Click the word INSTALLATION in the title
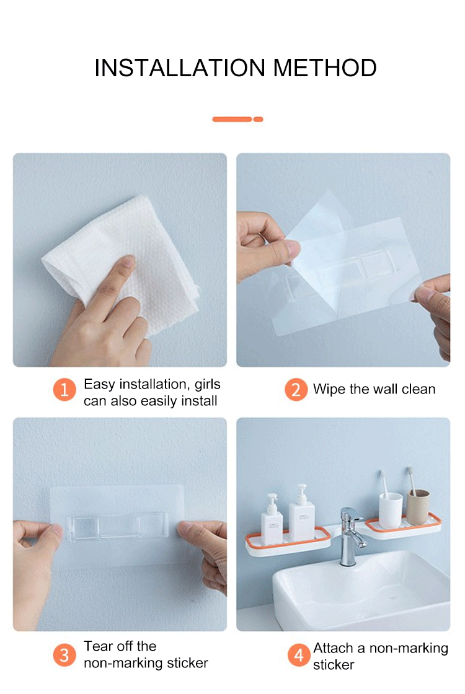pyautogui.click(x=180, y=68)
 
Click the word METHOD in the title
pyautogui.click(x=325, y=68)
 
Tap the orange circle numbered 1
pyautogui.click(x=64, y=390)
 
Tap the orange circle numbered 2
pyautogui.click(x=296, y=390)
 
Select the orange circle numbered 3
pyautogui.click(x=64, y=655)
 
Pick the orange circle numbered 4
pyautogui.click(x=299, y=655)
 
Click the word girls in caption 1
pyautogui.click(x=207, y=385)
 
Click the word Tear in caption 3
pyautogui.click(x=98, y=646)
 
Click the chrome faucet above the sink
pyautogui.click(x=352, y=535)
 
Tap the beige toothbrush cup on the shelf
pyautogui.click(x=418, y=506)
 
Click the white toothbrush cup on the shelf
pyautogui.click(x=391, y=509)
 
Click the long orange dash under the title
pyautogui.click(x=232, y=119)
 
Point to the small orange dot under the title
pyautogui.click(x=258, y=119)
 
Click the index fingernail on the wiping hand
pyautogui.click(x=128, y=263)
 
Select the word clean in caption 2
pyautogui.click(x=418, y=390)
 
